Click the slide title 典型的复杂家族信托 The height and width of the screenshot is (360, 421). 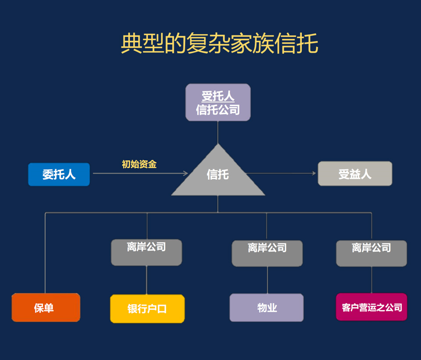point(219,44)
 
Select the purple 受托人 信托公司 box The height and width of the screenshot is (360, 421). point(218,102)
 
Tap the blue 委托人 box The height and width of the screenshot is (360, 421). point(59,175)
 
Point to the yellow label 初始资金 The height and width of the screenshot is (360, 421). point(139,164)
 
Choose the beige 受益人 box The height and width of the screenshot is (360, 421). point(355,174)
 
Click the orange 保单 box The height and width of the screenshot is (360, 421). point(46,307)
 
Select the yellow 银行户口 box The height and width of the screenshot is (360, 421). point(147,309)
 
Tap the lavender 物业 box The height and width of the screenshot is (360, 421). point(267,307)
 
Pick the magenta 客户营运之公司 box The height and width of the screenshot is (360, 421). point(371,307)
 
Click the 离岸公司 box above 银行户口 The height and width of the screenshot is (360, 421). point(146,252)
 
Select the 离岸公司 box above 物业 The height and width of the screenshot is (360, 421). point(267,253)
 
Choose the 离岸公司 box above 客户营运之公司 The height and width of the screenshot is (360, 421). point(371,253)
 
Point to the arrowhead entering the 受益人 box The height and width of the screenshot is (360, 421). point(314,174)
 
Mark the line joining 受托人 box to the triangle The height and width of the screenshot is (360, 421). point(218,132)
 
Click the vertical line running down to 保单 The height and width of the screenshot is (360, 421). point(46,254)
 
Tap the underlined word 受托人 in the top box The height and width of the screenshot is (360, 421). point(218,96)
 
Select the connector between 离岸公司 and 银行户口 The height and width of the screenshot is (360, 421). point(147,280)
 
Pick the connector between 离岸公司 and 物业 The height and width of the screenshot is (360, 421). point(267,280)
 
